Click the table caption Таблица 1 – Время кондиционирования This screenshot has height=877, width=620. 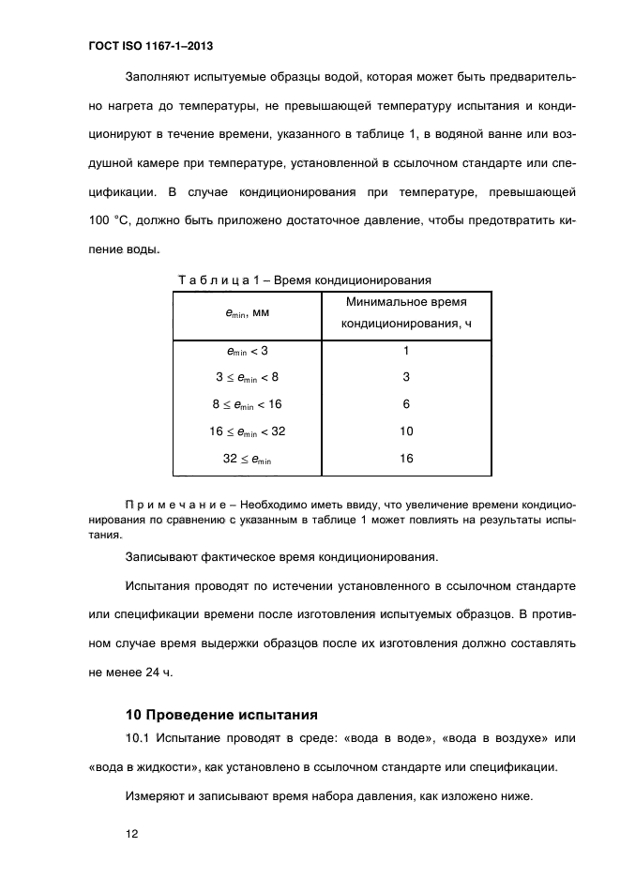(x=304, y=280)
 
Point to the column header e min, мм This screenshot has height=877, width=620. (x=248, y=315)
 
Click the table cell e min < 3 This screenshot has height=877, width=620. (x=248, y=351)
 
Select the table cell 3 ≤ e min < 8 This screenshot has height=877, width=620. (x=248, y=377)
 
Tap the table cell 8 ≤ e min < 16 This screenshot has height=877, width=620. (x=248, y=404)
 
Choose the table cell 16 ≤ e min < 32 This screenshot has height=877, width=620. (x=248, y=431)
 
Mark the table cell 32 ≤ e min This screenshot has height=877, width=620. (x=248, y=459)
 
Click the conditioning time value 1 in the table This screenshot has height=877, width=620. (x=406, y=351)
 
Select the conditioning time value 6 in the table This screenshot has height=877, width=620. (x=406, y=404)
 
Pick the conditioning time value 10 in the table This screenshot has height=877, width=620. (x=406, y=431)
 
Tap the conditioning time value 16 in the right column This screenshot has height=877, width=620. (x=406, y=459)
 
